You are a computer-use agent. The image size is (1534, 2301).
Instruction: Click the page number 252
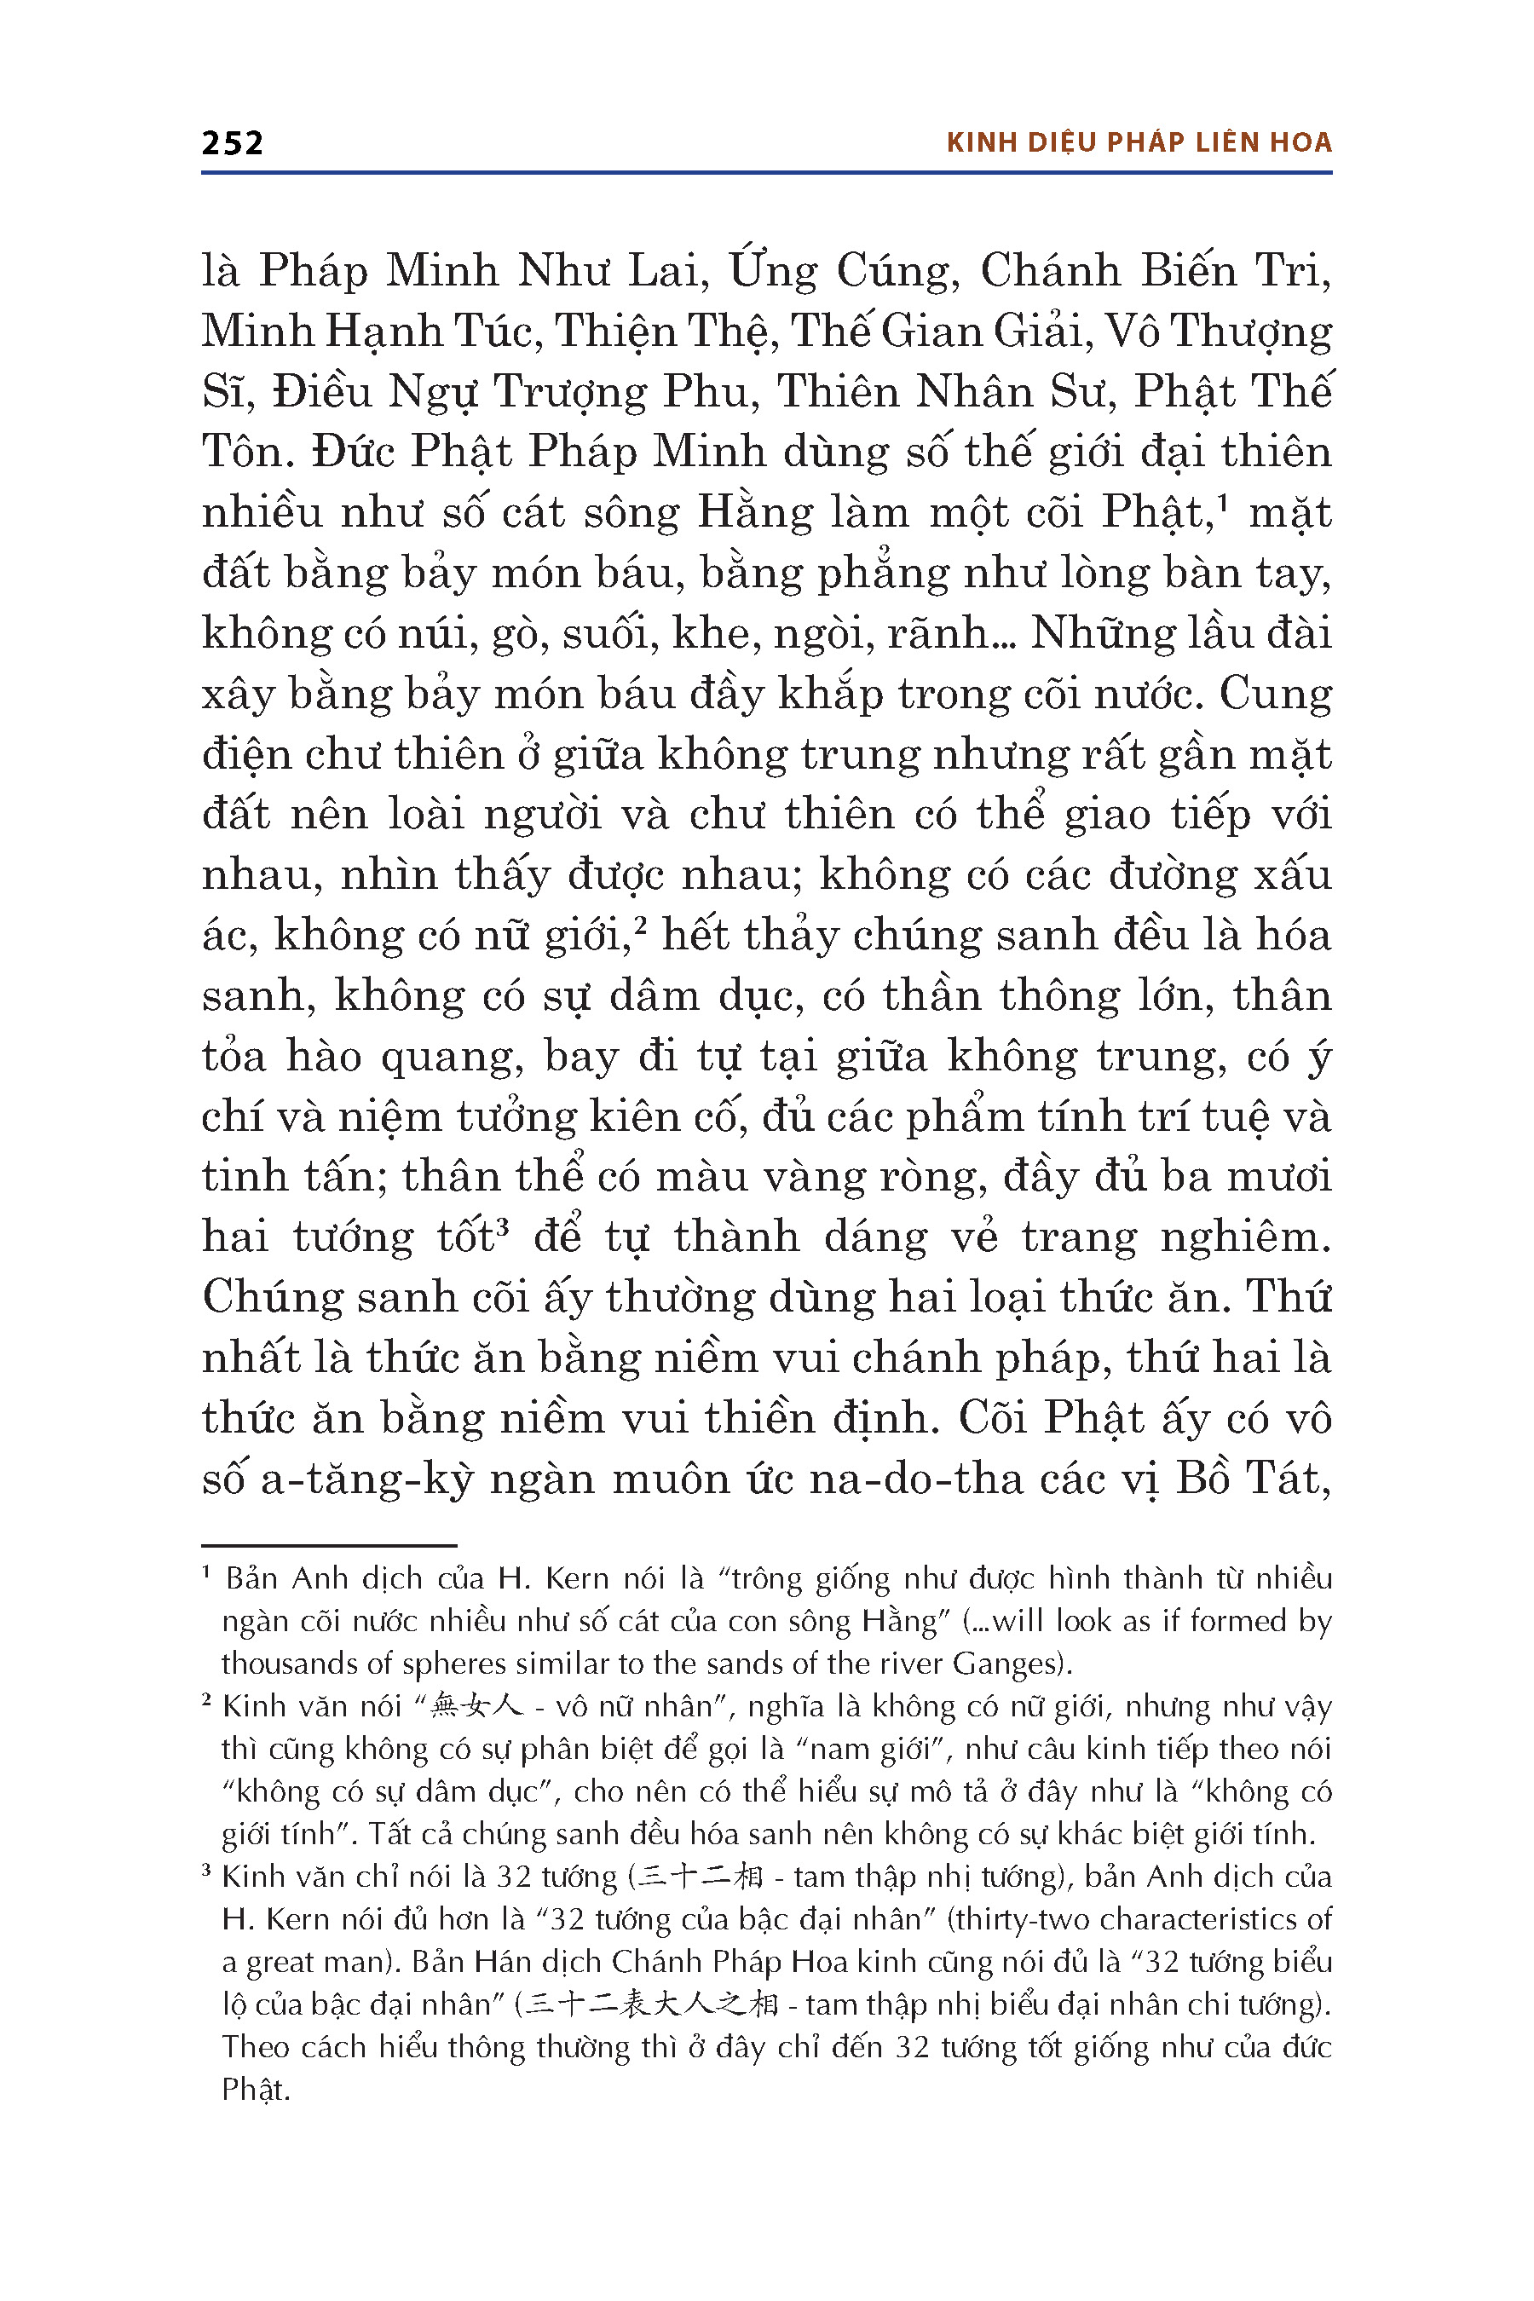click(232, 143)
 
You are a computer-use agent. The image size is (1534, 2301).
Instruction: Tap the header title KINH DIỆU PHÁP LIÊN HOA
click(1139, 143)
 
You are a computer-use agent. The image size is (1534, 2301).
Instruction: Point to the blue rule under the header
click(766, 173)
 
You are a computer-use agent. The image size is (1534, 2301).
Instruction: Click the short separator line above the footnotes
click(329, 1546)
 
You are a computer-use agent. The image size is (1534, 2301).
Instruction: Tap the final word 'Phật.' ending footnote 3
click(256, 2090)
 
